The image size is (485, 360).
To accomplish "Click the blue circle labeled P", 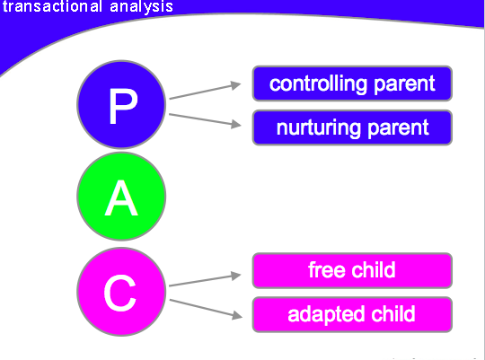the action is click(x=121, y=104).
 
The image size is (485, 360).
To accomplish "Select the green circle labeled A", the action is click(x=121, y=197).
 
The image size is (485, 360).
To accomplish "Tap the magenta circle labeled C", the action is click(x=121, y=292).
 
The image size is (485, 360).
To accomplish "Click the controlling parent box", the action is click(x=352, y=83).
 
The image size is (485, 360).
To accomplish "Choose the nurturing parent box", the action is click(x=352, y=127).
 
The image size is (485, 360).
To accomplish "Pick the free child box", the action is click(x=352, y=270).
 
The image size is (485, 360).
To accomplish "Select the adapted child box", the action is click(x=352, y=314).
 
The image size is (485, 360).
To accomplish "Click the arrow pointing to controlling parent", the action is click(x=205, y=91).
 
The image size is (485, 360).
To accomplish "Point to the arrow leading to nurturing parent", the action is click(x=205, y=119).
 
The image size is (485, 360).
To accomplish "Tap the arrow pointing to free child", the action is click(x=205, y=280).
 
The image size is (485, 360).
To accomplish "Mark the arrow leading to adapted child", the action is click(x=206, y=308).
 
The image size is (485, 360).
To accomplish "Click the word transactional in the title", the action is click(x=53, y=6).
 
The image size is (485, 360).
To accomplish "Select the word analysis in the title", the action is click(x=141, y=7).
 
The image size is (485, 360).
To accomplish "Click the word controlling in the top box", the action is click(x=318, y=84).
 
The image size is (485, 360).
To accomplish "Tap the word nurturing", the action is click(x=319, y=128).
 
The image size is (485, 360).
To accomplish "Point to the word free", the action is click(x=326, y=270).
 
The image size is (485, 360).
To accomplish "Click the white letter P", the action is click(x=123, y=106).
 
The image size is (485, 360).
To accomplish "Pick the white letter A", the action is click(x=121, y=198).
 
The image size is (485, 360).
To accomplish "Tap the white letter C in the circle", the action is click(x=120, y=294).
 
